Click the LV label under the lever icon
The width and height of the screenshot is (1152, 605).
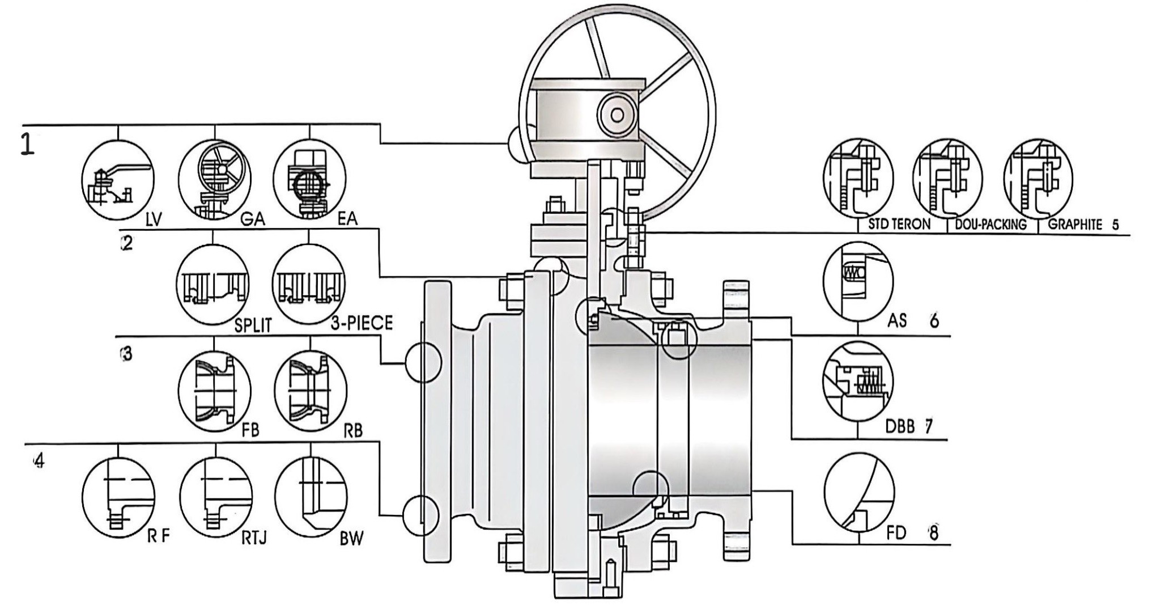click(153, 221)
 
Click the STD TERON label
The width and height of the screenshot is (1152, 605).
click(899, 224)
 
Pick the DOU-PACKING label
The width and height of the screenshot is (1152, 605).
click(991, 224)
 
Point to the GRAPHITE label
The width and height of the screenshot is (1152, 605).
click(1075, 224)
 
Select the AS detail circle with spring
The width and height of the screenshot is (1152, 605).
click(858, 282)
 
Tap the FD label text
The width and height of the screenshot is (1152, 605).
click(896, 534)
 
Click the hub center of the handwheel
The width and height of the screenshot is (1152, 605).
click(618, 115)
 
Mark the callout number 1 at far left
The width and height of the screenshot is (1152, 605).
click(27, 145)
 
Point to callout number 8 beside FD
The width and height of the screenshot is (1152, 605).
click(933, 533)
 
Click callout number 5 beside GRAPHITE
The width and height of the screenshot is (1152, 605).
click(1115, 225)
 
